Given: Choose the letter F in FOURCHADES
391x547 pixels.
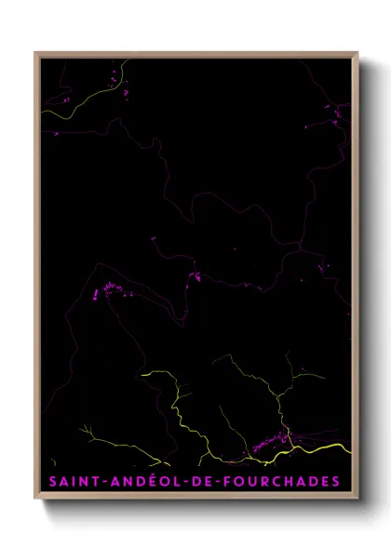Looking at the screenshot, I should tap(222, 481).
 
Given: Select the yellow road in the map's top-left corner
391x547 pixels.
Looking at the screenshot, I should tap(74, 105).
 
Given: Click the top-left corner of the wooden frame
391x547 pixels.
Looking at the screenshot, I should tap(36, 53).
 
